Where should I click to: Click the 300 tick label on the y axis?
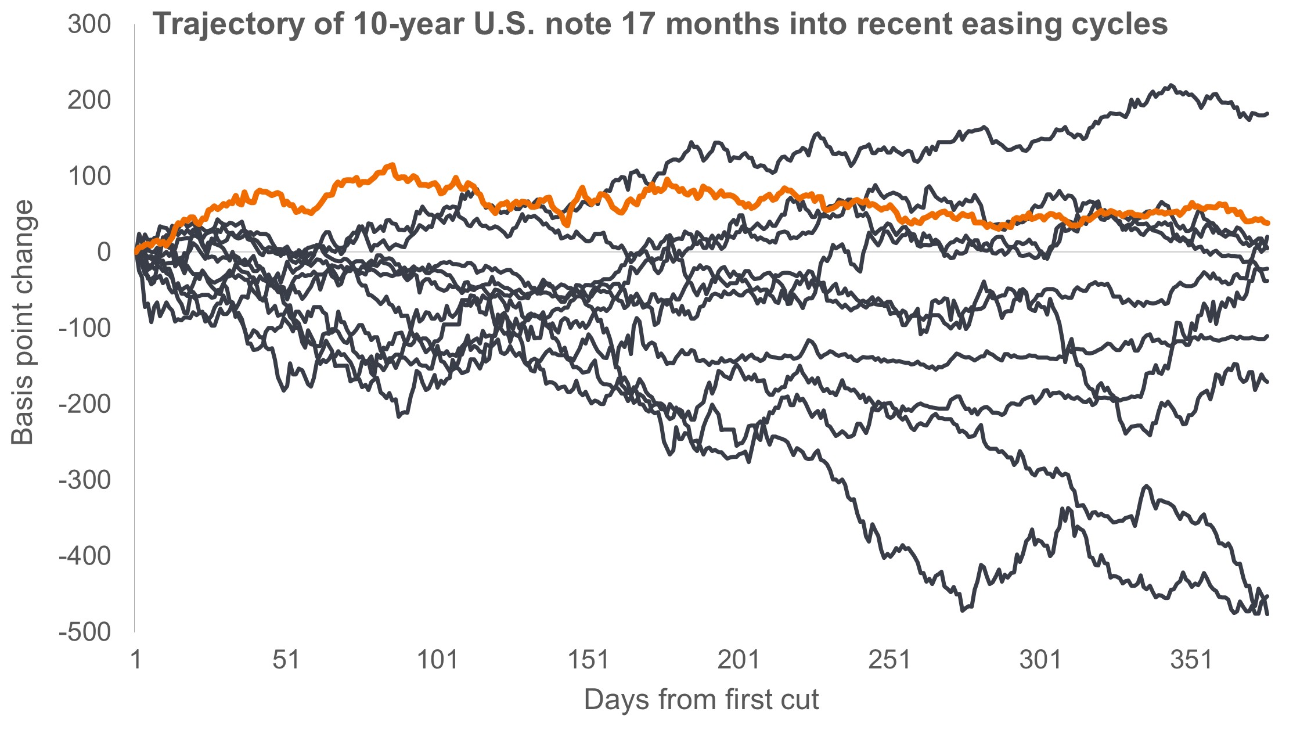coord(89,25)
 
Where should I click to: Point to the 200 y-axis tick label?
coord(89,100)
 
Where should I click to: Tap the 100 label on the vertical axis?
coord(89,177)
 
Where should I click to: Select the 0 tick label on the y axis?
coord(104,253)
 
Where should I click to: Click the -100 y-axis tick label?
coord(84,329)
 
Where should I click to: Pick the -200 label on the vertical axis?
coord(84,404)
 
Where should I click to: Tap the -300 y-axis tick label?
coord(84,480)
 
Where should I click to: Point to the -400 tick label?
coord(84,556)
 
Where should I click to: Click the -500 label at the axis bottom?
coord(84,632)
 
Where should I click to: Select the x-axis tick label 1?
coord(136,660)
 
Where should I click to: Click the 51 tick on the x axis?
coord(286,660)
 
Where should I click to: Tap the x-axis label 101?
coord(437,660)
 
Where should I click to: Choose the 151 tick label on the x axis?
coord(588,660)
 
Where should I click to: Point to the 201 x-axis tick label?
coord(739,660)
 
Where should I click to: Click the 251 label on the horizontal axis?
coord(889,660)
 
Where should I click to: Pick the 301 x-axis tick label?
coord(1040,660)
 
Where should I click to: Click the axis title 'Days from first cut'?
coord(701,700)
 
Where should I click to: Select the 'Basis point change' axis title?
coord(23,323)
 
